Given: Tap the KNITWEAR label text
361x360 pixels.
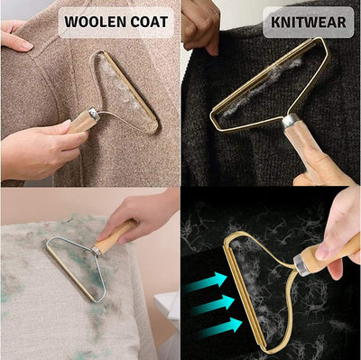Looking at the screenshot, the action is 308,23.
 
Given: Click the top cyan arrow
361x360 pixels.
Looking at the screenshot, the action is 206,282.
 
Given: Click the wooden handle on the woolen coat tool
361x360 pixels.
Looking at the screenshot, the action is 79,122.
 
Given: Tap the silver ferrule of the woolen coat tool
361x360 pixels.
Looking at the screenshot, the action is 95,114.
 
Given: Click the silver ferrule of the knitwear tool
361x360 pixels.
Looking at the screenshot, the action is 290,122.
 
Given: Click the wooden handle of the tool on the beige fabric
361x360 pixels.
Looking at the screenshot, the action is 116,236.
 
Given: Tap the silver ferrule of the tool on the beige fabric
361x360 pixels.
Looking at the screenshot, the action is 97,250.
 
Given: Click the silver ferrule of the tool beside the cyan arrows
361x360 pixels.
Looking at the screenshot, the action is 301,263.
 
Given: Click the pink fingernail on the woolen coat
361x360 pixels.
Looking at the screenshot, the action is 25,45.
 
